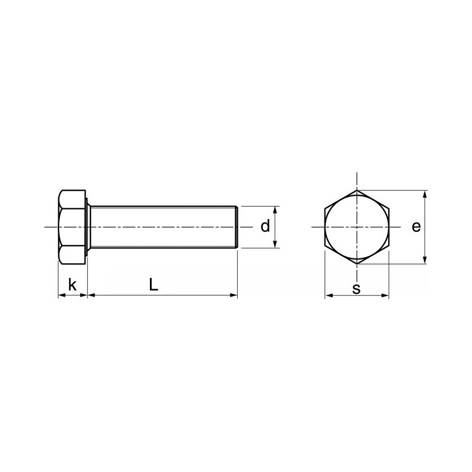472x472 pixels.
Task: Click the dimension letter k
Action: coord(72,284)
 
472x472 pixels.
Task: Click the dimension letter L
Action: coord(153,284)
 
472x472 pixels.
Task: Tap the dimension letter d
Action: coord(265,226)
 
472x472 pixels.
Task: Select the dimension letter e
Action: coord(416,227)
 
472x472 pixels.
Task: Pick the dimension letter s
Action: coord(356,289)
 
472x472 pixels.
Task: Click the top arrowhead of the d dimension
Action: coord(274,210)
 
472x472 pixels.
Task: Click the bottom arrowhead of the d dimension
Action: coord(274,244)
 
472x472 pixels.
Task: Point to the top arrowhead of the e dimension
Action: coord(425,194)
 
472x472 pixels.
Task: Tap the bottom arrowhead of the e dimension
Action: coord(425,260)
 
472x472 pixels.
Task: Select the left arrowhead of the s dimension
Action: coord(329,296)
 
